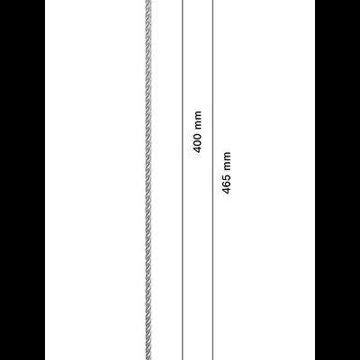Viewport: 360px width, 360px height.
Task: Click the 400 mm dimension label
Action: (x=198, y=132)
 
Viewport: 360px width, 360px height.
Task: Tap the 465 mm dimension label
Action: (x=227, y=173)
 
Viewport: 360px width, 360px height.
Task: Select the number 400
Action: (x=198, y=143)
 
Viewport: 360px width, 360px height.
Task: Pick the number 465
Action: (x=227, y=184)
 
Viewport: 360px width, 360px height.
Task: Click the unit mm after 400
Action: (x=198, y=121)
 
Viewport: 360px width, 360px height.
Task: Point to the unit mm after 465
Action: (x=227, y=162)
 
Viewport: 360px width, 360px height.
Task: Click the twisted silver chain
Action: (x=148, y=180)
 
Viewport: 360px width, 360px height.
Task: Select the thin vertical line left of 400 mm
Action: (x=183, y=180)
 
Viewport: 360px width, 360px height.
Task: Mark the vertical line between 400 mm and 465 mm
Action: (x=212, y=180)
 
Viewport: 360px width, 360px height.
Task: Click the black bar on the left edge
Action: (x=22, y=180)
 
